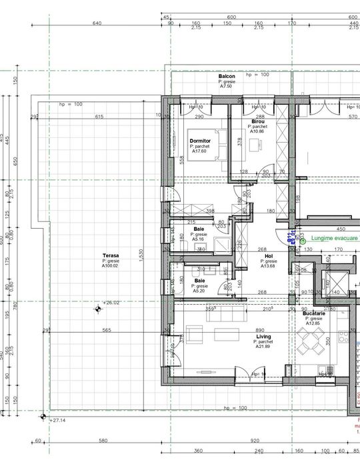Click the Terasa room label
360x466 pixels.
pyautogui.click(x=109, y=255)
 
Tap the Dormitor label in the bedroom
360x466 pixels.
pyautogui.click(x=200, y=141)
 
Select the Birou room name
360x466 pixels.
pyautogui.click(x=258, y=121)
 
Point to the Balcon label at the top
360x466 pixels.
pyautogui.click(x=227, y=77)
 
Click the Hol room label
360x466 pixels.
pyautogui.click(x=269, y=256)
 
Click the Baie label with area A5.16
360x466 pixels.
pyautogui.click(x=199, y=229)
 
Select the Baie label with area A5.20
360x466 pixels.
pyautogui.click(x=200, y=281)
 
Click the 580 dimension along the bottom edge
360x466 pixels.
pyautogui.click(x=103, y=441)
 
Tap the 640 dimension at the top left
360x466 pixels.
pyautogui.click(x=97, y=23)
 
